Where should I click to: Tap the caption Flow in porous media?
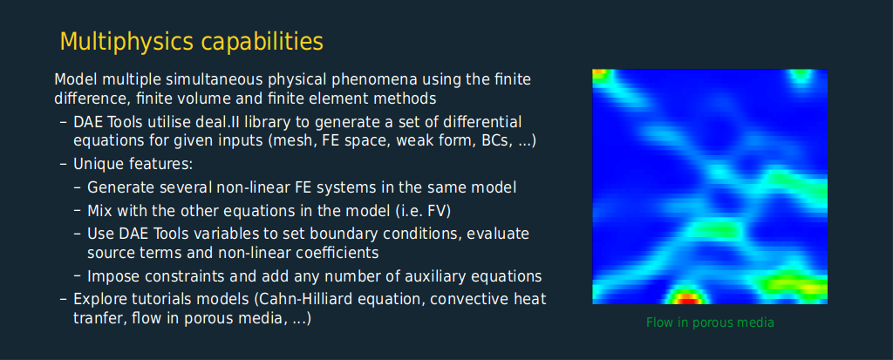[x=710, y=323]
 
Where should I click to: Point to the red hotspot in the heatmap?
[x=687, y=297]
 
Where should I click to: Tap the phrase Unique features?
[x=133, y=164]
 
